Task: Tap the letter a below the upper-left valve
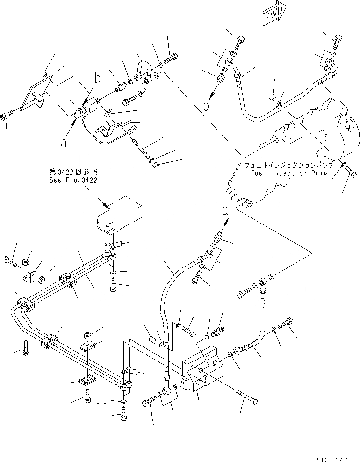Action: click(x=63, y=143)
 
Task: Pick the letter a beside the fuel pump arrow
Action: click(x=225, y=211)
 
